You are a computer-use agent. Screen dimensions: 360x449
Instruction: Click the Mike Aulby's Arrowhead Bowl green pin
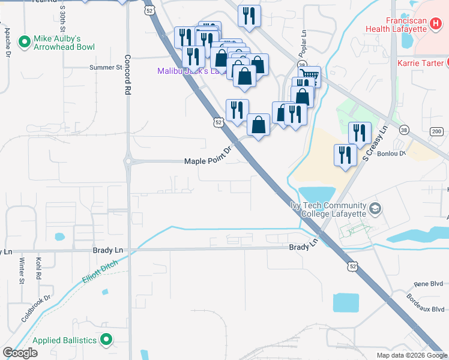[25, 41]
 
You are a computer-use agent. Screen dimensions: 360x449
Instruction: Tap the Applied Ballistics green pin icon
[106, 340]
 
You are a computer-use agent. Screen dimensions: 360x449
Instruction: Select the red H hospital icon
[435, 23]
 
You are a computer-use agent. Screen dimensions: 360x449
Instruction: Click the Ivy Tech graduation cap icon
[375, 209]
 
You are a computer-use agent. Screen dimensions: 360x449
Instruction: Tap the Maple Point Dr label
[208, 161]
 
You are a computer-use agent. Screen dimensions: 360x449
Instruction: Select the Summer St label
[106, 67]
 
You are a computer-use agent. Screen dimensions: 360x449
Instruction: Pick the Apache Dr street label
[7, 42]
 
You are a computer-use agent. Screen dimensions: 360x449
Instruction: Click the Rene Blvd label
[429, 284]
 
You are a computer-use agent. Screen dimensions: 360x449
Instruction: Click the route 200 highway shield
[436, 131]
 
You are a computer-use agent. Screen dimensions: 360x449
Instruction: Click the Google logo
[20, 353]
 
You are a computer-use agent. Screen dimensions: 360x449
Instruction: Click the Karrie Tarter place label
[420, 62]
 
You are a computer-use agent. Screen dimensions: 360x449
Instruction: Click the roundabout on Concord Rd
[127, 161]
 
